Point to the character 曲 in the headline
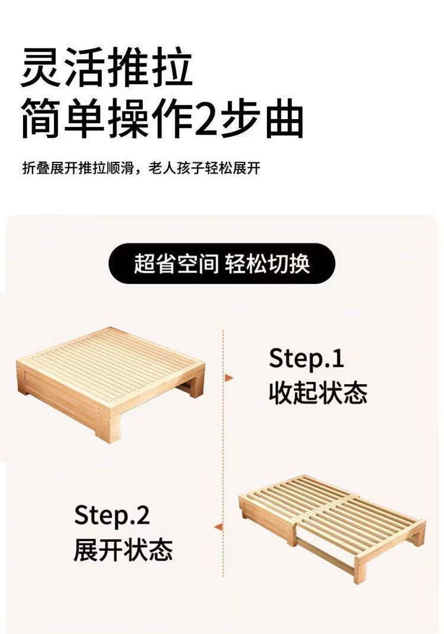pos(284,119)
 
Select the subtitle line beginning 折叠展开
pos(141,168)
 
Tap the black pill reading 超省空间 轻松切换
pos(222,264)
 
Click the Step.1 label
pos(306,358)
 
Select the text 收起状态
pos(318,393)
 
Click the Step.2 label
pos(112,515)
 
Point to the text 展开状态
pos(123,549)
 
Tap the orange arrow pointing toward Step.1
pos(229,378)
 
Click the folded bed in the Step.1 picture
pos(110,384)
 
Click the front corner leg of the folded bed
pos(107,428)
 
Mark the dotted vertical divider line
pos(223,453)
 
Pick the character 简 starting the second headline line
pos(40,119)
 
